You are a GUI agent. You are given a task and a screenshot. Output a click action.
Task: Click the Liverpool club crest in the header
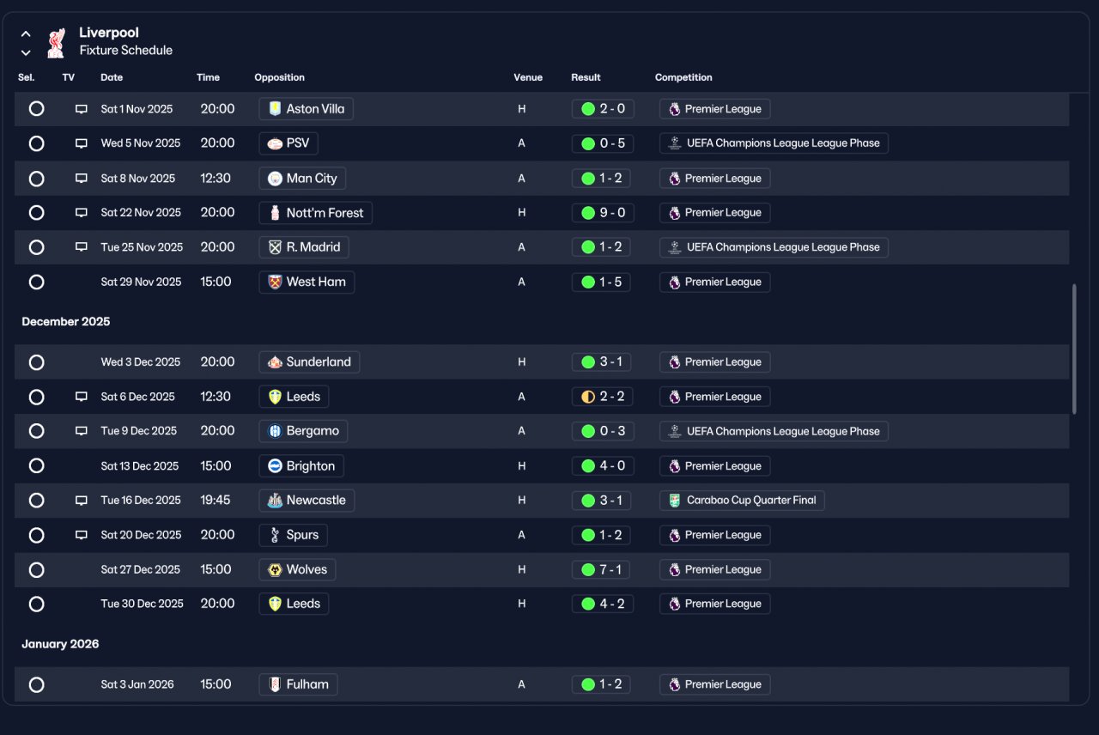pos(56,43)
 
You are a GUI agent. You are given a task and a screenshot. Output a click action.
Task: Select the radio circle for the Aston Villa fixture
pos(36,108)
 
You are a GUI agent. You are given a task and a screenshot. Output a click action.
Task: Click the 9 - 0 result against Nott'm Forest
pos(603,213)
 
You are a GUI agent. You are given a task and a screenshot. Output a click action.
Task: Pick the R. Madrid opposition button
pos(304,247)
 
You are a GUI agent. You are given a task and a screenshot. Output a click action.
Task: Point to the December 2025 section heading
pos(66,322)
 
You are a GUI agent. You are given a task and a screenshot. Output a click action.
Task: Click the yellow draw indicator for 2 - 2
pos(588,397)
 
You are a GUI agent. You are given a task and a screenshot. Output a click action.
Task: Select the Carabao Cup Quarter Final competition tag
pos(742,501)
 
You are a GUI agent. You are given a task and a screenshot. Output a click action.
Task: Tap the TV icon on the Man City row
pos(82,178)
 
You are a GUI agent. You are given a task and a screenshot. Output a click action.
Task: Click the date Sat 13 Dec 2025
pos(140,466)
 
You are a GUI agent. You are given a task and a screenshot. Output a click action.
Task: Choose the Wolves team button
pos(297,569)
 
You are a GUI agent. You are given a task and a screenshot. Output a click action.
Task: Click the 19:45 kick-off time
pos(215,500)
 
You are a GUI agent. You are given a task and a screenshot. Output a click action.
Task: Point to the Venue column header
pos(528,77)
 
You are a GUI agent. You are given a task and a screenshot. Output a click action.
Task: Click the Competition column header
pos(683,77)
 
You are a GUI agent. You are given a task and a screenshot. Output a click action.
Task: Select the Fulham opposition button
pos(298,684)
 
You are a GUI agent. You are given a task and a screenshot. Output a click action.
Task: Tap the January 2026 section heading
pos(60,644)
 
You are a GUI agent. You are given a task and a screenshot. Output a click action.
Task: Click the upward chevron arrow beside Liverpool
pos(26,34)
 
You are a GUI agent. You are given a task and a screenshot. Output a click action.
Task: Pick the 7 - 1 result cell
pos(600,569)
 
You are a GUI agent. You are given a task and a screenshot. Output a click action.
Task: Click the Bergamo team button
pos(303,431)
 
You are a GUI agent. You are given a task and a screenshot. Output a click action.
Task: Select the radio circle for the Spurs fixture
pos(36,535)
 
